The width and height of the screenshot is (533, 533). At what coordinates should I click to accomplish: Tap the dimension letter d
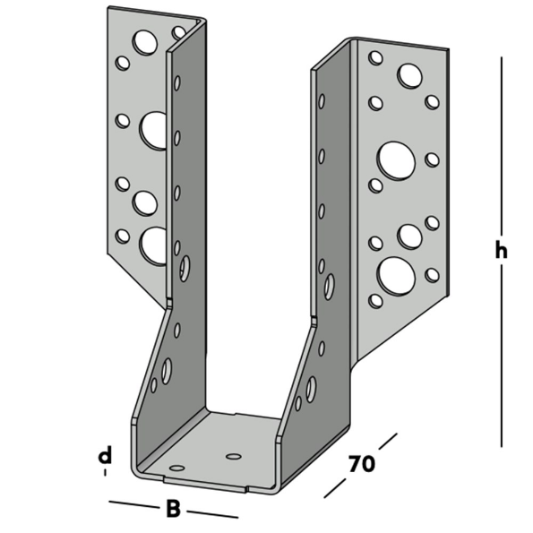[x=105, y=456]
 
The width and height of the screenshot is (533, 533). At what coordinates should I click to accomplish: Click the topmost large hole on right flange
[x=410, y=76]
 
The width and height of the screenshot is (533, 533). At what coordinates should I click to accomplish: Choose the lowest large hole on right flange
[x=396, y=275]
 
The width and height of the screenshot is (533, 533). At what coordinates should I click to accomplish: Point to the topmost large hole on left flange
[x=145, y=41]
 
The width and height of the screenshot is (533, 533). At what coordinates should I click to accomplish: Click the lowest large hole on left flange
[x=154, y=245]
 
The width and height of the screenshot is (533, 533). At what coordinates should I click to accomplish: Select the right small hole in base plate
[x=234, y=456]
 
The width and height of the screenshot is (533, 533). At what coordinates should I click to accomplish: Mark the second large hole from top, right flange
[x=395, y=161]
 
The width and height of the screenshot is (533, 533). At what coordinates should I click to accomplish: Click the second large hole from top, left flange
[x=154, y=130]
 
